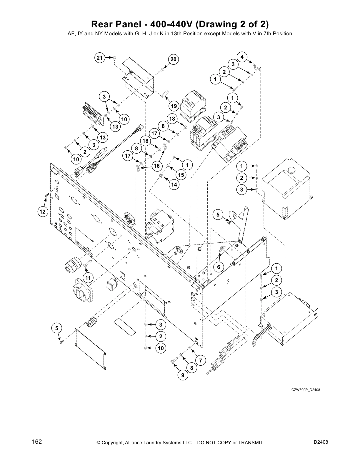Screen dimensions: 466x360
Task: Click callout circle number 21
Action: pos(100,58)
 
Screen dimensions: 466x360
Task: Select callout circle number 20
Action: pos(173,60)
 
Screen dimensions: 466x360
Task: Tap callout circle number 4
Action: pos(242,57)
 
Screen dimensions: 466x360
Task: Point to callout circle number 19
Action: pos(174,106)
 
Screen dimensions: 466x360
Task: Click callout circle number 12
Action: pos(43,211)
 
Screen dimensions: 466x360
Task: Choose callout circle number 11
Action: pos(88,277)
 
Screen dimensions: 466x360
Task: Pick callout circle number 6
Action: pos(219,267)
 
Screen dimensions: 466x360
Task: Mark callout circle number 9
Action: pos(183,375)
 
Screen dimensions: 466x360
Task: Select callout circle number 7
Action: pos(200,360)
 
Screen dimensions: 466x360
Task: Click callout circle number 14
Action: pos(174,184)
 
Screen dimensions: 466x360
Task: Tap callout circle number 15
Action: pos(181,175)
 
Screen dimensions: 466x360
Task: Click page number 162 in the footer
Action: pos(37,442)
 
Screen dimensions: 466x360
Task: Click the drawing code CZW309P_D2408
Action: pos(305,390)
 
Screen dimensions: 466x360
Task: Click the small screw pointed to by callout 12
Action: pos(47,195)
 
